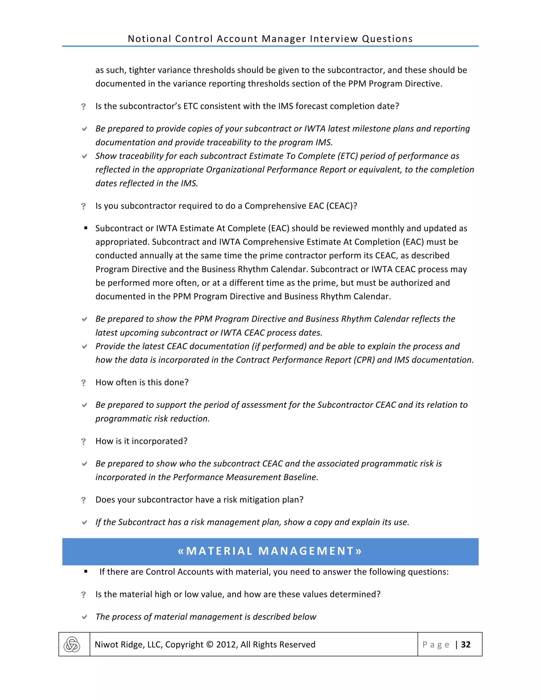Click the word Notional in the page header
pyautogui.click(x=149, y=39)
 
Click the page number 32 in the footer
pyautogui.click(x=466, y=645)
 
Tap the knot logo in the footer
pyautogui.click(x=72, y=645)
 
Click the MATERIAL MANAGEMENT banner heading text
pyautogui.click(x=270, y=551)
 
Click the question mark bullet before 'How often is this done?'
pyautogui.click(x=84, y=383)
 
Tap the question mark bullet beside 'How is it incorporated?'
pyautogui.click(x=84, y=442)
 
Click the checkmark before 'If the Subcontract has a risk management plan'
pyautogui.click(x=84, y=522)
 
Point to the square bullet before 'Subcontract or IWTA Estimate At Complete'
pyautogui.click(x=86, y=228)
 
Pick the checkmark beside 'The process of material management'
pyautogui.click(x=84, y=617)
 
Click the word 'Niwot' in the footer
pyautogui.click(x=106, y=645)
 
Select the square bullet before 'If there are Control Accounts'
pyautogui.click(x=86, y=571)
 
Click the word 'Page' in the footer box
pyautogui.click(x=436, y=645)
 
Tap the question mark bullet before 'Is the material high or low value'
pyautogui.click(x=84, y=595)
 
